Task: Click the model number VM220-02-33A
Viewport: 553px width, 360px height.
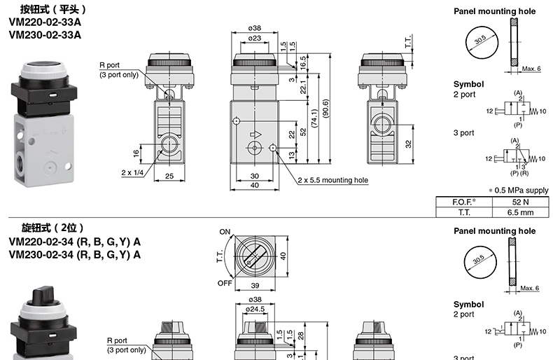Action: [45, 22]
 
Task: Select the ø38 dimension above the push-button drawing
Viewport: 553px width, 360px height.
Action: [254, 28]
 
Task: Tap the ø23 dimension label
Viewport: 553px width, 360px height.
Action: [254, 38]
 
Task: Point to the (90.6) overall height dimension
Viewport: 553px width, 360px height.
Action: [325, 109]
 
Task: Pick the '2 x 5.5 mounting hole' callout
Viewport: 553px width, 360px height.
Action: [332, 180]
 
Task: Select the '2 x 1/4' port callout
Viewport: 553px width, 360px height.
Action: [132, 172]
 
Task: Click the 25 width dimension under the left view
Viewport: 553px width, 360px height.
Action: [169, 176]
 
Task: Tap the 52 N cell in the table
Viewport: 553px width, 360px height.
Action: [520, 202]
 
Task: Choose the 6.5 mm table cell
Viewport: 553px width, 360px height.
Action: [520, 212]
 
